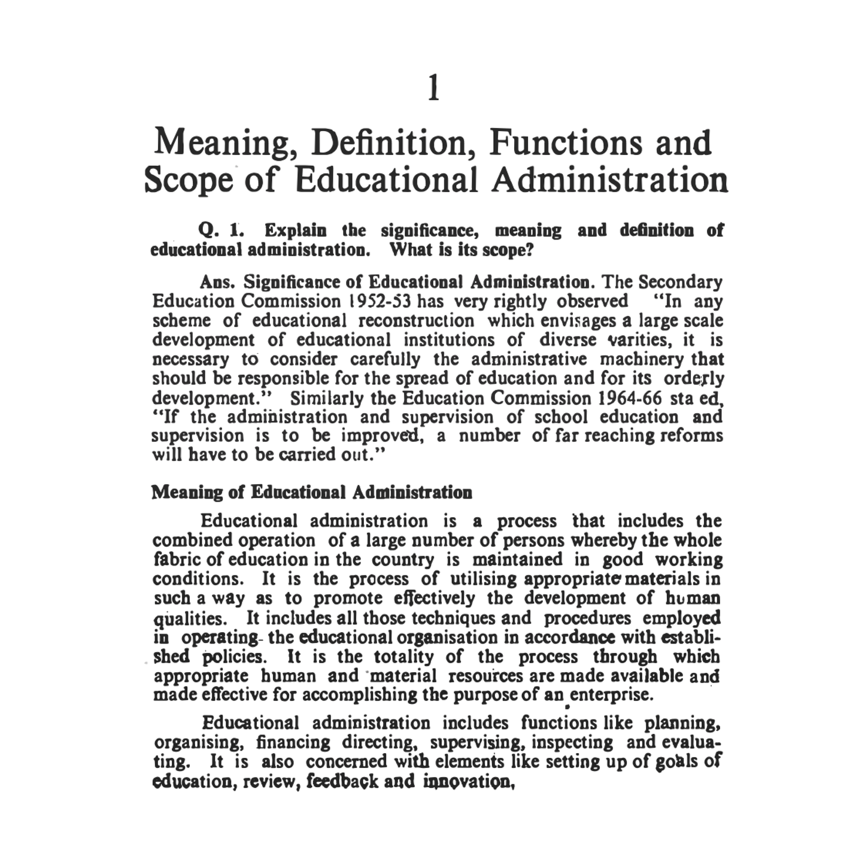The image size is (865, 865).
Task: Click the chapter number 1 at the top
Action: point(434,88)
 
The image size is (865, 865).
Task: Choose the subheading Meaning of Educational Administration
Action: point(311,493)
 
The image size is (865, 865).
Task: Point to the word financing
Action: point(293,743)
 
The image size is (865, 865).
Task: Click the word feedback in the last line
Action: point(342,782)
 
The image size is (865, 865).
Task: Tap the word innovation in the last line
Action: point(469,782)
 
